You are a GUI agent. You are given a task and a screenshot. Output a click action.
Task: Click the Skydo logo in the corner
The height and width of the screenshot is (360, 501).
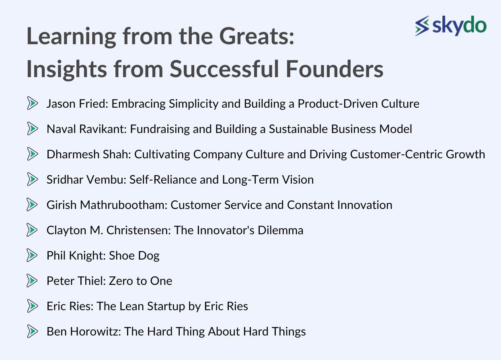tap(451, 26)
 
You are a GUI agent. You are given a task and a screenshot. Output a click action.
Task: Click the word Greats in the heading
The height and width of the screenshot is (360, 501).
tap(257, 36)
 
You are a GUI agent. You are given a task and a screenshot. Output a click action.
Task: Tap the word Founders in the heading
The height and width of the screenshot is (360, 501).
tap(335, 69)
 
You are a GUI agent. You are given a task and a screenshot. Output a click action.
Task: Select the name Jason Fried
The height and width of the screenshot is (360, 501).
tap(77, 104)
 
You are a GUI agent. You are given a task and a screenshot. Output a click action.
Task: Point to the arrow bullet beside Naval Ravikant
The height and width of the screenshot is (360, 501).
tap(32, 129)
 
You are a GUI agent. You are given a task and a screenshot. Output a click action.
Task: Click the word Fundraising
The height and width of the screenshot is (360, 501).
tap(160, 129)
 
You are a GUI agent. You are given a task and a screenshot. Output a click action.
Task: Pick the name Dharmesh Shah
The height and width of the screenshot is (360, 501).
tap(88, 154)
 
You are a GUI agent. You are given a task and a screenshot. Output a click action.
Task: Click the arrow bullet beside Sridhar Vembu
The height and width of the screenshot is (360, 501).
tap(32, 179)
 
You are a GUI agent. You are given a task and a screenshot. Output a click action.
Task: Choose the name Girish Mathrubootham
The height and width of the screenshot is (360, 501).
tap(107, 205)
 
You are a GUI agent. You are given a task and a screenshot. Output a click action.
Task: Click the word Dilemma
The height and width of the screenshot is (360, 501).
tap(281, 230)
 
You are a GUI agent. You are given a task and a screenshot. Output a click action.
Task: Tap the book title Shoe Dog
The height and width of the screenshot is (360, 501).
tap(134, 256)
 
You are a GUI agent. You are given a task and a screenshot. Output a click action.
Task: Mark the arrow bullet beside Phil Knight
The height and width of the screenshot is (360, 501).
tap(32, 255)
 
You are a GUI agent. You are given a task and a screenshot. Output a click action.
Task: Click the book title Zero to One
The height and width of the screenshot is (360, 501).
tap(140, 281)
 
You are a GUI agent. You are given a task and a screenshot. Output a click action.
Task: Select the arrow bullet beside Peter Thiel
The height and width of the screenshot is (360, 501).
tap(32, 280)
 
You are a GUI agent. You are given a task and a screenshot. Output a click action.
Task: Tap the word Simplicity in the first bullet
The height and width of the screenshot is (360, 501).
tap(193, 104)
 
